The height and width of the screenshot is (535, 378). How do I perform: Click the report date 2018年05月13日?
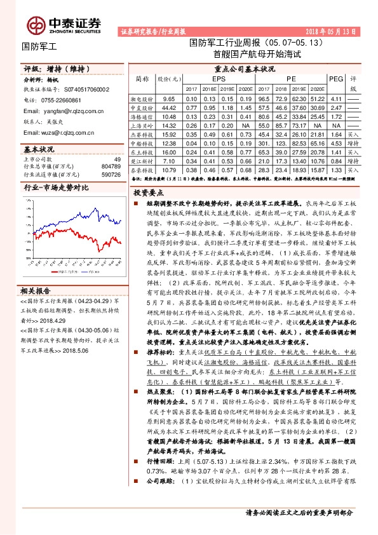pyautogui.click(x=331, y=30)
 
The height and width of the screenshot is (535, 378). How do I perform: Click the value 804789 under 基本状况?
pyautogui.click(x=111, y=166)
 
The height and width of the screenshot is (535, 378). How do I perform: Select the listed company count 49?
pyautogui.click(x=117, y=159)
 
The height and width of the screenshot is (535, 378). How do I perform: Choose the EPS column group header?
pyautogui.click(x=219, y=78)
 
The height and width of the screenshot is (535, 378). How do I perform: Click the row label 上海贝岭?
pyautogui.click(x=142, y=126)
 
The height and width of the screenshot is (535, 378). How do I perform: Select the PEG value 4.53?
pyautogui.click(x=336, y=144)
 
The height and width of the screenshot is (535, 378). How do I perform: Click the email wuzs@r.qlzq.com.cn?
pyautogui.click(x=58, y=132)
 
